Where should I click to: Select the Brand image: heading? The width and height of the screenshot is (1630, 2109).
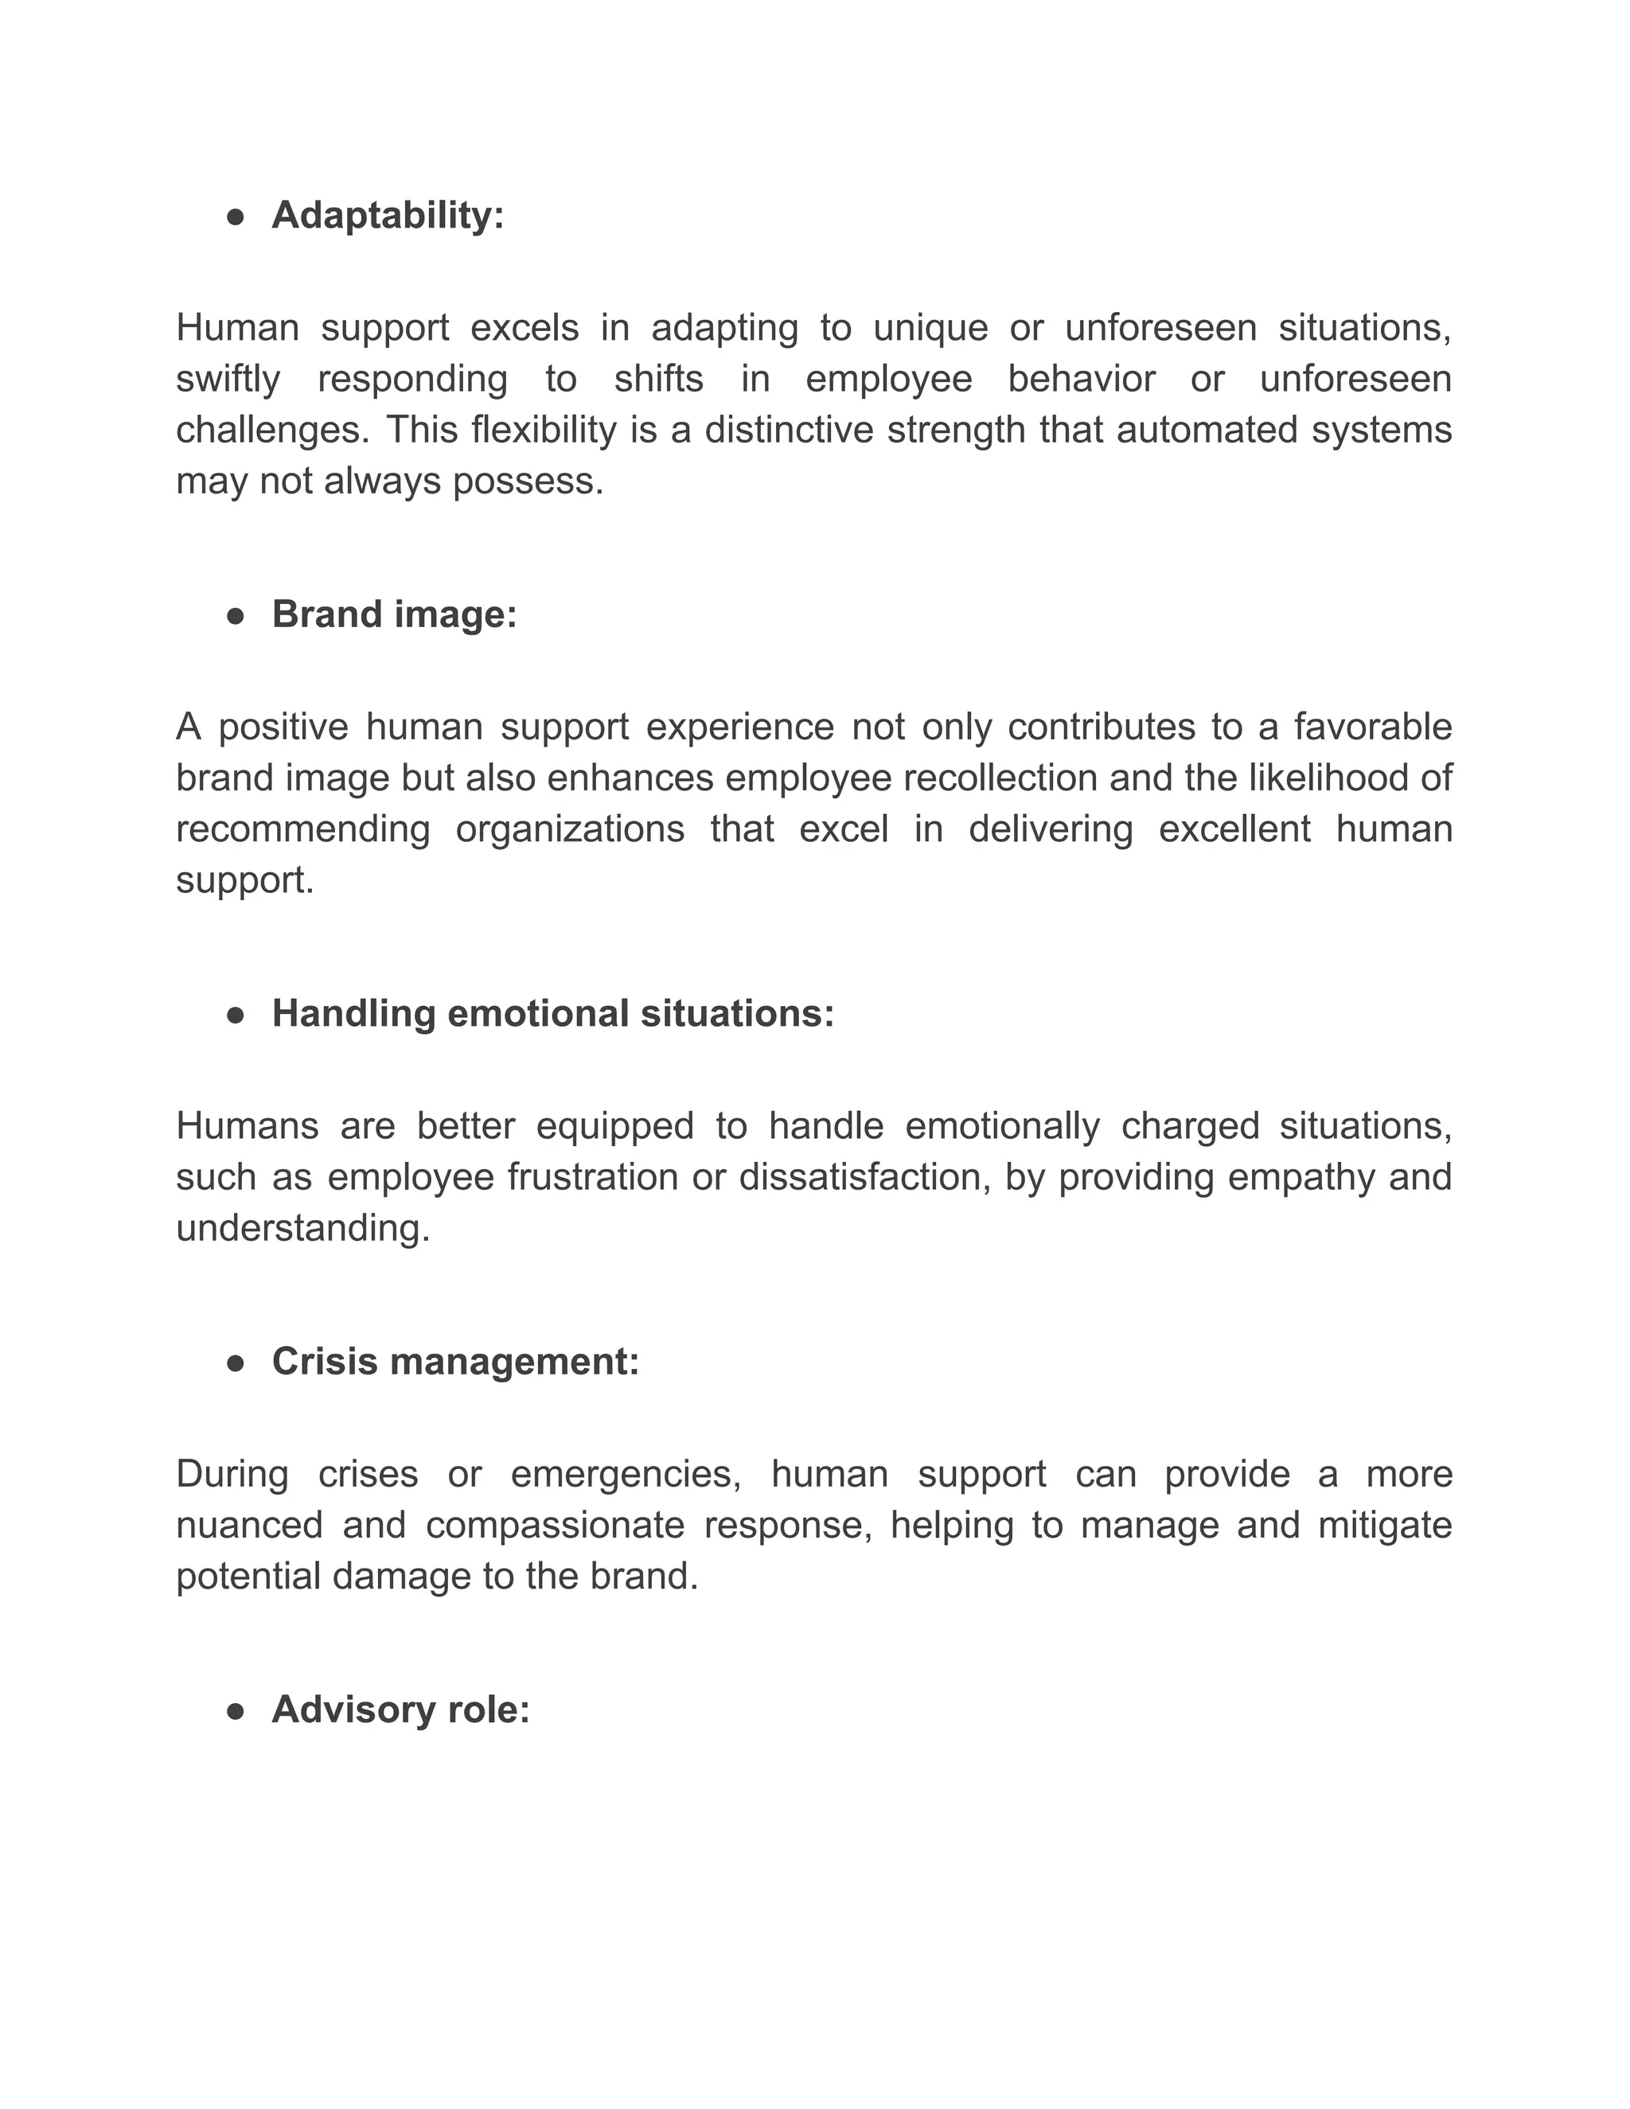point(394,614)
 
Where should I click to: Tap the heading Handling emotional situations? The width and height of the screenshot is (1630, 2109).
point(552,1013)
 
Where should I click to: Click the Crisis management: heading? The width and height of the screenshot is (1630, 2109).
point(454,1361)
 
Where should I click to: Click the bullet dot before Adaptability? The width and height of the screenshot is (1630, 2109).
point(235,216)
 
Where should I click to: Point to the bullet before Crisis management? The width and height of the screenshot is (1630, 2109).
point(235,1362)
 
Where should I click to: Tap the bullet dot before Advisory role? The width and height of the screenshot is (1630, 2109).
point(235,1710)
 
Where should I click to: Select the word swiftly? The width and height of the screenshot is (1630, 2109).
point(228,379)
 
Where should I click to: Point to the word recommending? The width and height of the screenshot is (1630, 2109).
point(302,828)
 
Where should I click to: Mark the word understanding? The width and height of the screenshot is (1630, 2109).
point(302,1228)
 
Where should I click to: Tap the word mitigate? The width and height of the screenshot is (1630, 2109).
point(1385,1525)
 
